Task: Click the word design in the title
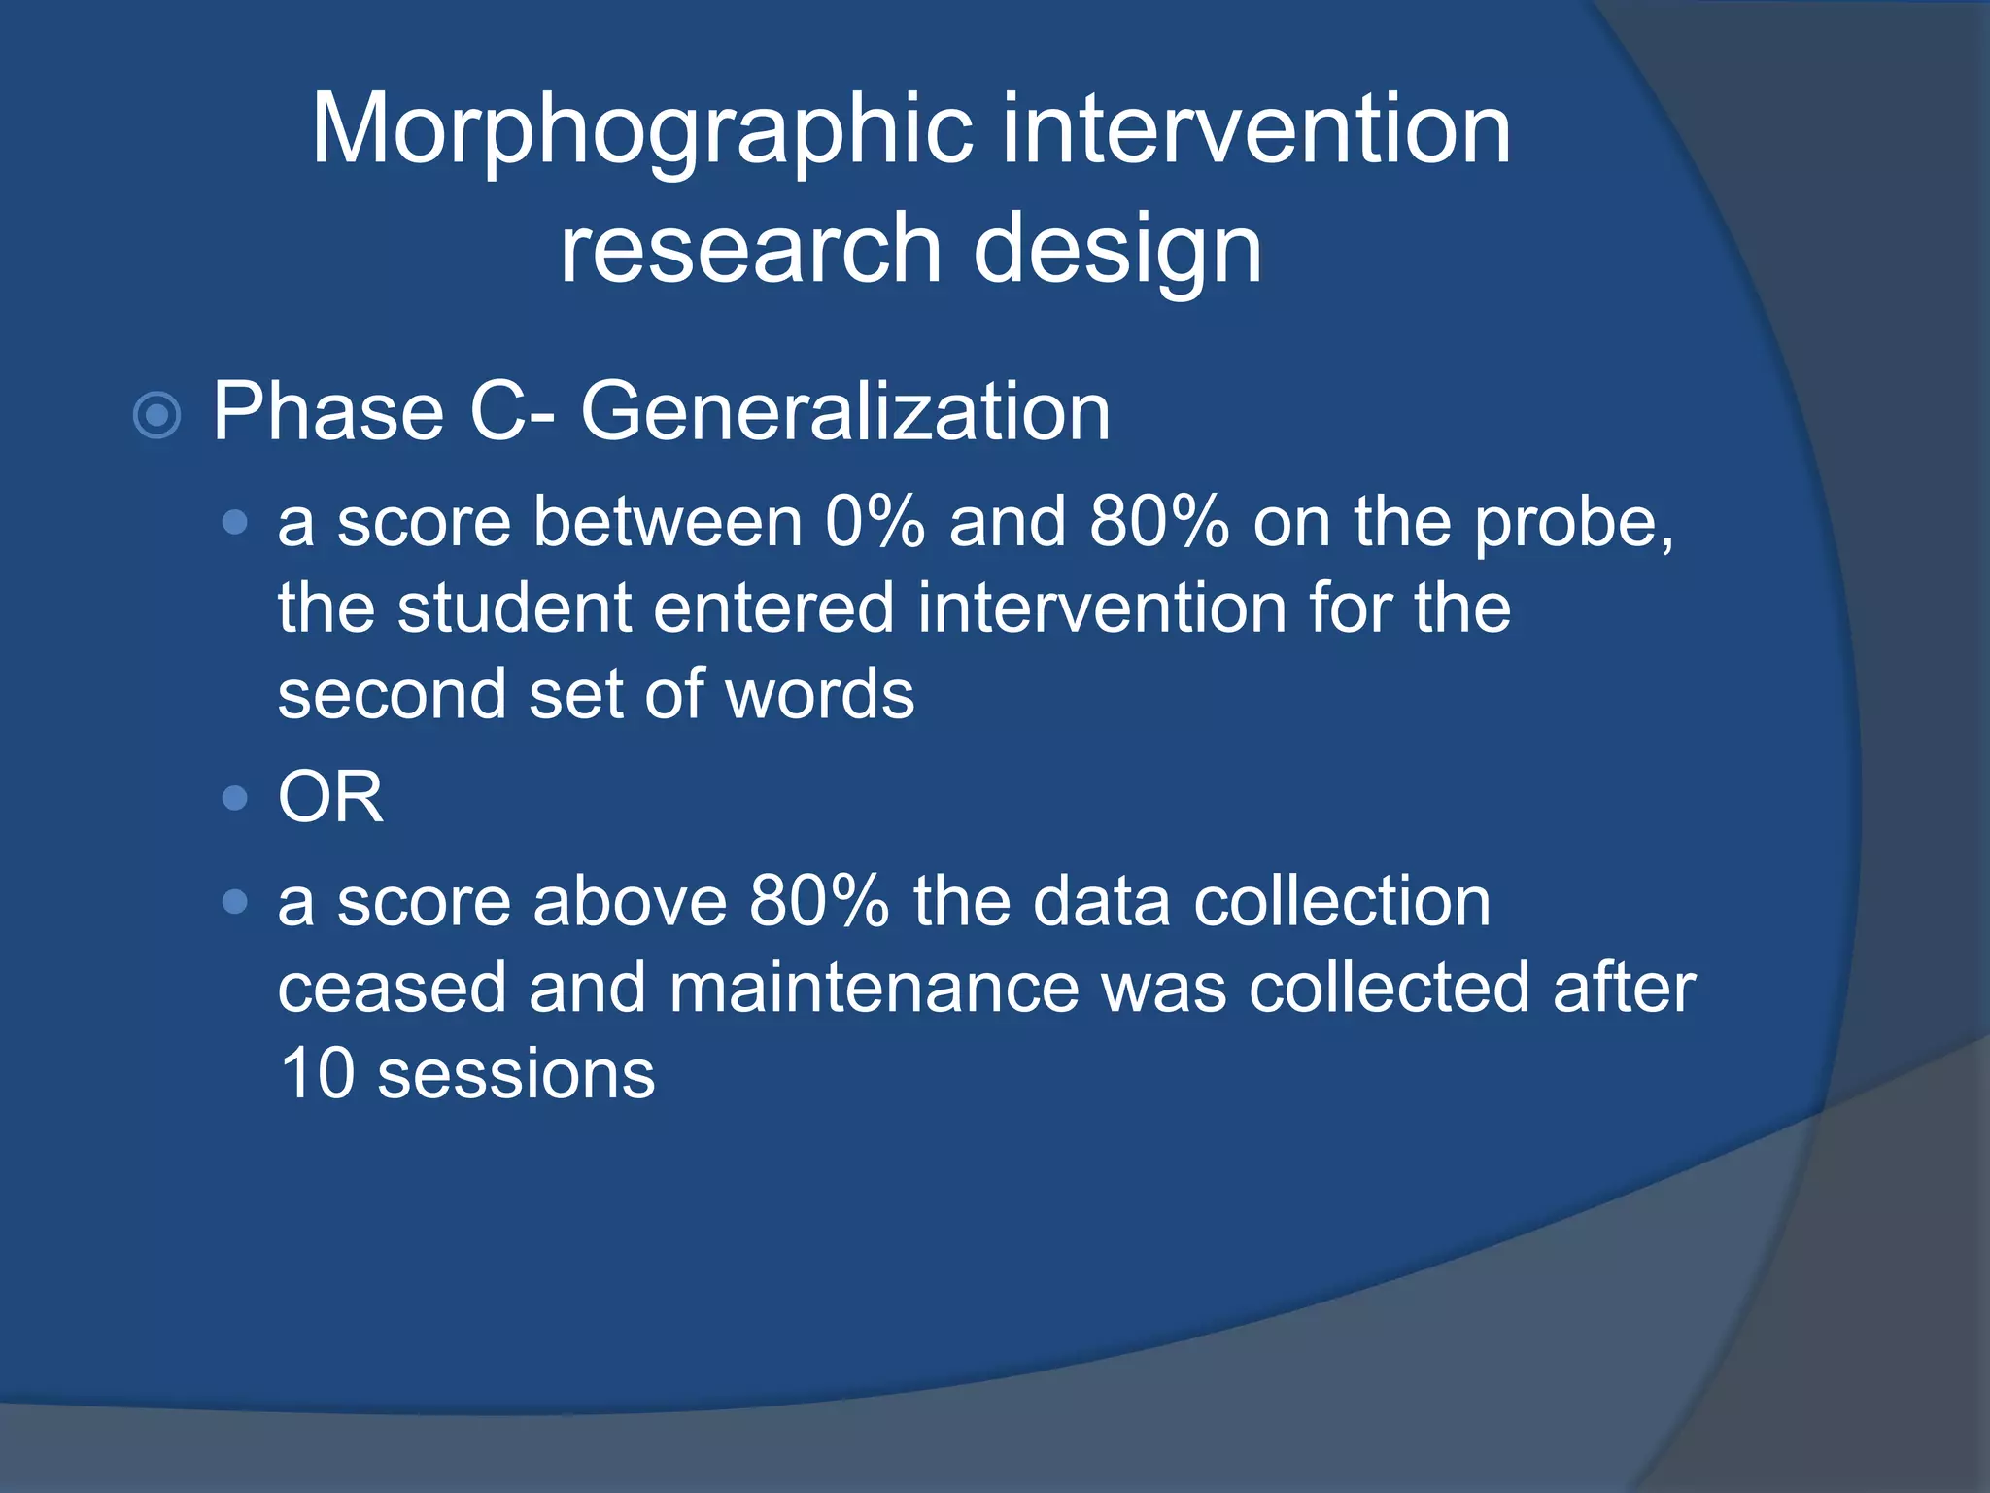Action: [1117, 251]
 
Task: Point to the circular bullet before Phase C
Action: [156, 416]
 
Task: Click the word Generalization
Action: [845, 412]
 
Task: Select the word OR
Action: [330, 798]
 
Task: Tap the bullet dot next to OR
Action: [234, 799]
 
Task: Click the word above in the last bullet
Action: [630, 902]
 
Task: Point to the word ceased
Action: [392, 989]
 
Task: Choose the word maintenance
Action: [874, 989]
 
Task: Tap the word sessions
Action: [516, 1076]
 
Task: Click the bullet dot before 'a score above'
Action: [234, 902]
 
